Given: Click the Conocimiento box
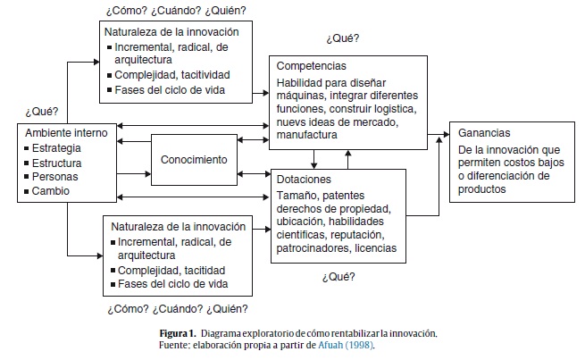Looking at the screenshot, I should click(x=193, y=160).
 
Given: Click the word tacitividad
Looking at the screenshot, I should click(x=201, y=76).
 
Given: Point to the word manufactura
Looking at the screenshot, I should click(x=307, y=135).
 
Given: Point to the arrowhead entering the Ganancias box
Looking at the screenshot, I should click(x=444, y=137).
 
